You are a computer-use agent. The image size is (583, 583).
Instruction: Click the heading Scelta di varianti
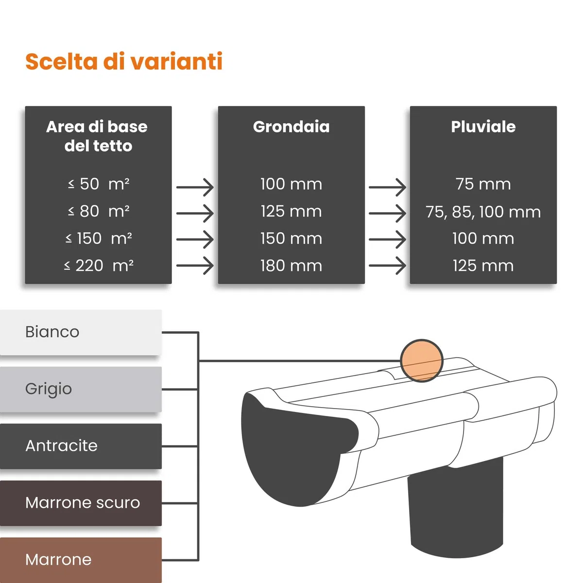[124, 61]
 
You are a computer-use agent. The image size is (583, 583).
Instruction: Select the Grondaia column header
[291, 126]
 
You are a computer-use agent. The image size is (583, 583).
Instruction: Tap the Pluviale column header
[483, 126]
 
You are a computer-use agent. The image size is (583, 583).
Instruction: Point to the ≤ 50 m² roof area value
[99, 184]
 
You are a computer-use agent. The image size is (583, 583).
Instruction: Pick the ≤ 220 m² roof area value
[99, 266]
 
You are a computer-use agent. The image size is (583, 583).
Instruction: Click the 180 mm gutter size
[291, 266]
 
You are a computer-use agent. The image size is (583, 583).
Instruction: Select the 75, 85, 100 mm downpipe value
[483, 212]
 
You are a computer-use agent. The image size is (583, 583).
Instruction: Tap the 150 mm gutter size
[291, 239]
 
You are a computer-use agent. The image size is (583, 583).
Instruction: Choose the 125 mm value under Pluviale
[483, 266]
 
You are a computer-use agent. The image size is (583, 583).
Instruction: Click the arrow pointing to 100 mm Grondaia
[195, 187]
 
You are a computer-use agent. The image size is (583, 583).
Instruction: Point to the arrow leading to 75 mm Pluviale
[387, 187]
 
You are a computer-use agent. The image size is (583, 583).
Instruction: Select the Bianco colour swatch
[81, 332]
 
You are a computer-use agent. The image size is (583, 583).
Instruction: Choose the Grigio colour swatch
[81, 389]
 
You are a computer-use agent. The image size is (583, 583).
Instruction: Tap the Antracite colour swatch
[81, 446]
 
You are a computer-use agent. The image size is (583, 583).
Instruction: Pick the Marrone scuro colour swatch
[81, 503]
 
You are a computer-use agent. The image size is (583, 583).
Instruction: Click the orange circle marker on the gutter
[422, 360]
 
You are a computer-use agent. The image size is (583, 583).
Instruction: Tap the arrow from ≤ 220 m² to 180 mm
[195, 266]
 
